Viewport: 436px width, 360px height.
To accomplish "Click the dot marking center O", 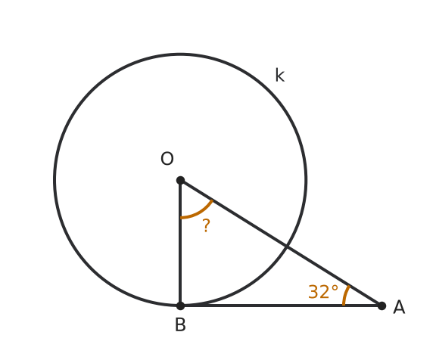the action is point(180,180).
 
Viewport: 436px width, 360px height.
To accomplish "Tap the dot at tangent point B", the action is point(180,306).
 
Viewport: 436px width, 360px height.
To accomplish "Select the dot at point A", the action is point(381,306).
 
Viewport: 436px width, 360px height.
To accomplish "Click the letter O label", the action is point(167,159).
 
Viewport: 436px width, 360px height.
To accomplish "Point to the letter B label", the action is point(180,324).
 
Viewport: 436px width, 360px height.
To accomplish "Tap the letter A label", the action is point(399,307).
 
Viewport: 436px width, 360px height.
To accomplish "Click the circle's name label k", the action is point(280,75).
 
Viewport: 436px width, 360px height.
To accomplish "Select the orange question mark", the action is point(206,225).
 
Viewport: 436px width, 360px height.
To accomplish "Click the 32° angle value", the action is point(323,292).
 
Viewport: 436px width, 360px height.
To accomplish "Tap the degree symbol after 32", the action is point(335,288).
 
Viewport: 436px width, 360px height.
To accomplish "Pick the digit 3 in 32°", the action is point(313,292).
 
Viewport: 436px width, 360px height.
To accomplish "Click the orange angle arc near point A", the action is point(345,295).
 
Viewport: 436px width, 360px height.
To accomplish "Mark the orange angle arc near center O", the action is point(199,213).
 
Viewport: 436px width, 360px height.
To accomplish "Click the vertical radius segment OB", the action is point(180,243).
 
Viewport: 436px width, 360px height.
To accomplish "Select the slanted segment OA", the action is point(281,243).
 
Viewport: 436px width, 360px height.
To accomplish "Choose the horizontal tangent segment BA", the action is point(281,306).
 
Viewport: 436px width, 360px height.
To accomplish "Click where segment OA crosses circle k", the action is point(287,247).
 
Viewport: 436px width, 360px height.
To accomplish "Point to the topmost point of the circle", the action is point(180,54).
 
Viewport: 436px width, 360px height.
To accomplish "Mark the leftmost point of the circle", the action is point(54,180).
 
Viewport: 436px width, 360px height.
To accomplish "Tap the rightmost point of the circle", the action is point(306,180).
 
